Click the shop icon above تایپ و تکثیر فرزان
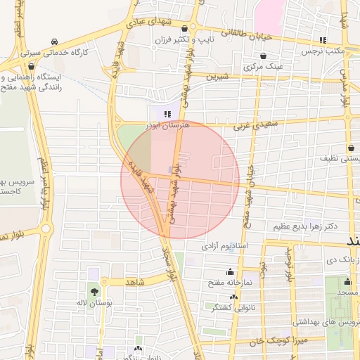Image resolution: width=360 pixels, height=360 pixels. (x=184, y=29)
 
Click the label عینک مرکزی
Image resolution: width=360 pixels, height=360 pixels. (x=262, y=67)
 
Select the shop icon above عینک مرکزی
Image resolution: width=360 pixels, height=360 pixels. (x=262, y=56)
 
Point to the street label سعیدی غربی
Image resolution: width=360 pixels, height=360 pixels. (x=251, y=122)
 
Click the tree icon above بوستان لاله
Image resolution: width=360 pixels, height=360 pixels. (x=94, y=291)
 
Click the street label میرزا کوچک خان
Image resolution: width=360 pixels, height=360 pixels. (x=264, y=341)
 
